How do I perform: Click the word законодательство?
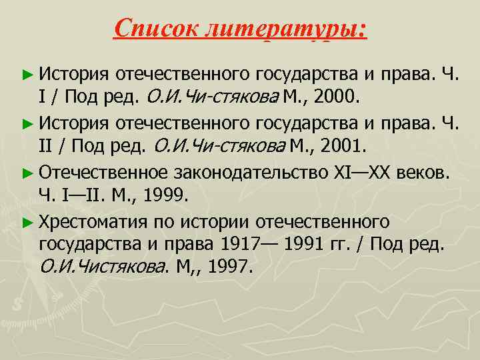tap(250, 173)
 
